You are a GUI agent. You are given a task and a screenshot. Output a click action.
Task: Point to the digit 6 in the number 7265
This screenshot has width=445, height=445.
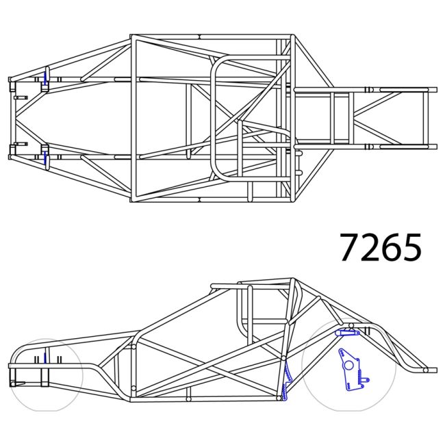click(390, 247)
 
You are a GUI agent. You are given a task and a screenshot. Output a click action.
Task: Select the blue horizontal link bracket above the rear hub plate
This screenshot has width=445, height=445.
click(346, 333)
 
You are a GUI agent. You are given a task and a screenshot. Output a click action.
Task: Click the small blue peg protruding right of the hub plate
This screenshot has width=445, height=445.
click(368, 379)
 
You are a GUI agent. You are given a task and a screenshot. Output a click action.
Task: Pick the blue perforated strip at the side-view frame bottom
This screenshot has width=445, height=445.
click(286, 383)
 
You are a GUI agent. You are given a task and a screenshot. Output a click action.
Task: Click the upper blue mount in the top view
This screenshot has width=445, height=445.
click(45, 78)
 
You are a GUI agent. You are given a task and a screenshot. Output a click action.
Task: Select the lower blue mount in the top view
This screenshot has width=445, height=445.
click(45, 157)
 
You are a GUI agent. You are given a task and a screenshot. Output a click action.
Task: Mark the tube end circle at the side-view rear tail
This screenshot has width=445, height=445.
click(425, 370)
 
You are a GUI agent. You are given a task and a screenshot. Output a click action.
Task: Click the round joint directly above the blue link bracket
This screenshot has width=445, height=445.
click(351, 325)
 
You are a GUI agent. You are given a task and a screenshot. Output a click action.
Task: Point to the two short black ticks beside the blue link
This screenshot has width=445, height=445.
click(367, 332)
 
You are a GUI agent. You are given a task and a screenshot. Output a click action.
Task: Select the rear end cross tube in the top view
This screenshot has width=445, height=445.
click(424, 118)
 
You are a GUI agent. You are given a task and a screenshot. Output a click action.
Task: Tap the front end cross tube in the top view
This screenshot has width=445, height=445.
click(11, 118)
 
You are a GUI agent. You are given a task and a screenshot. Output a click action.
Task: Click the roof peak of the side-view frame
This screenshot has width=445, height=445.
click(293, 280)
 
